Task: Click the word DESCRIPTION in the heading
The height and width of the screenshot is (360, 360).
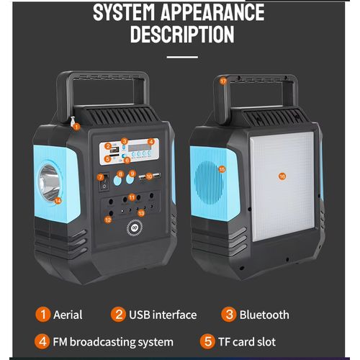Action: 181,35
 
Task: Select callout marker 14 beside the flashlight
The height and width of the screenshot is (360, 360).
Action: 58,200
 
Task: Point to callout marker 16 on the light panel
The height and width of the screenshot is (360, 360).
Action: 282,176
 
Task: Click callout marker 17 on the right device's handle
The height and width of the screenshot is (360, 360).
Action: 223,81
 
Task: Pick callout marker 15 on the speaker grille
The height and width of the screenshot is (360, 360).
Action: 222,169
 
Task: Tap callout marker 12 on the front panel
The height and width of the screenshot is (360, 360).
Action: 108,219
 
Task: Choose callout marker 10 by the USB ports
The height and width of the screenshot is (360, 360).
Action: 150,176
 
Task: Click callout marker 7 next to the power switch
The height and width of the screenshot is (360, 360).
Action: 100,176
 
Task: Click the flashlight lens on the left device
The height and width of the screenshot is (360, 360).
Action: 49,176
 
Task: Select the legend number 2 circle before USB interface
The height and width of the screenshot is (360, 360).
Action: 118,315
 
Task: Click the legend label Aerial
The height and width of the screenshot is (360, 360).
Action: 68,315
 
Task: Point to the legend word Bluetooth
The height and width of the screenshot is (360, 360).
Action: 265,315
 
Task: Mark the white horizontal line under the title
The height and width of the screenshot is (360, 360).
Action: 181,56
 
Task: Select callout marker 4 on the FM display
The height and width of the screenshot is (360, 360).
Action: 151,142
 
